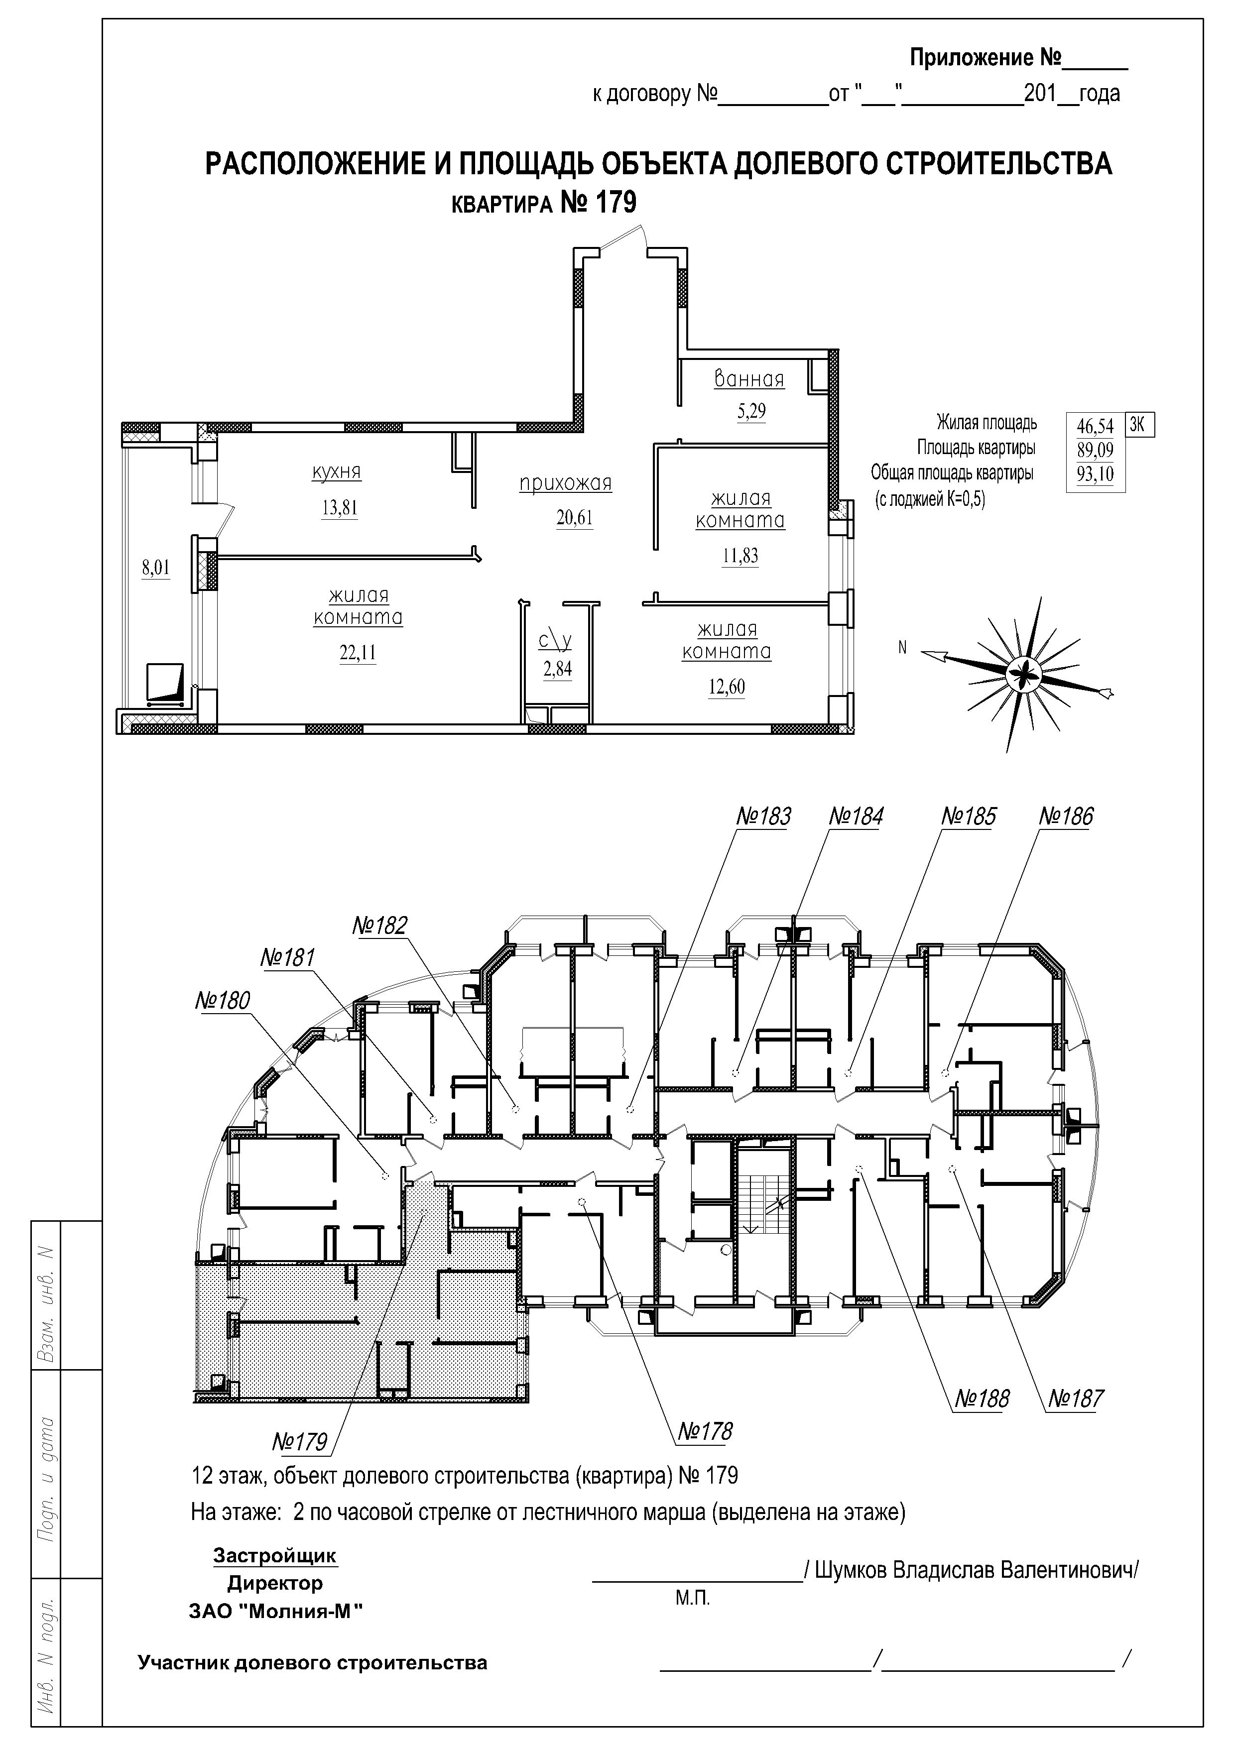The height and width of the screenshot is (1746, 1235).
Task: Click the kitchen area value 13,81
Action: coord(339,507)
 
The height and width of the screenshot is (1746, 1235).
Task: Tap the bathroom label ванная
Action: coord(749,379)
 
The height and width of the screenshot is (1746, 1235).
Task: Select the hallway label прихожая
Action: coord(565,483)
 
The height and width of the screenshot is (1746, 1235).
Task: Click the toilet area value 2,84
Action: coord(557,669)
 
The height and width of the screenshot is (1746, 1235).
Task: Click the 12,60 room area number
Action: coord(726,687)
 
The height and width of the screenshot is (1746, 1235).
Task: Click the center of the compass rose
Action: coord(1023,674)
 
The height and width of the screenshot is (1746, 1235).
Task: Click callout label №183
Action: coord(763,816)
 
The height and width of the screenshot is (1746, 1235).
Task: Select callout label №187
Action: coord(1075,1398)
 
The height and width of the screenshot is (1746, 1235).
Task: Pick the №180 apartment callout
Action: coord(222,1000)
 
